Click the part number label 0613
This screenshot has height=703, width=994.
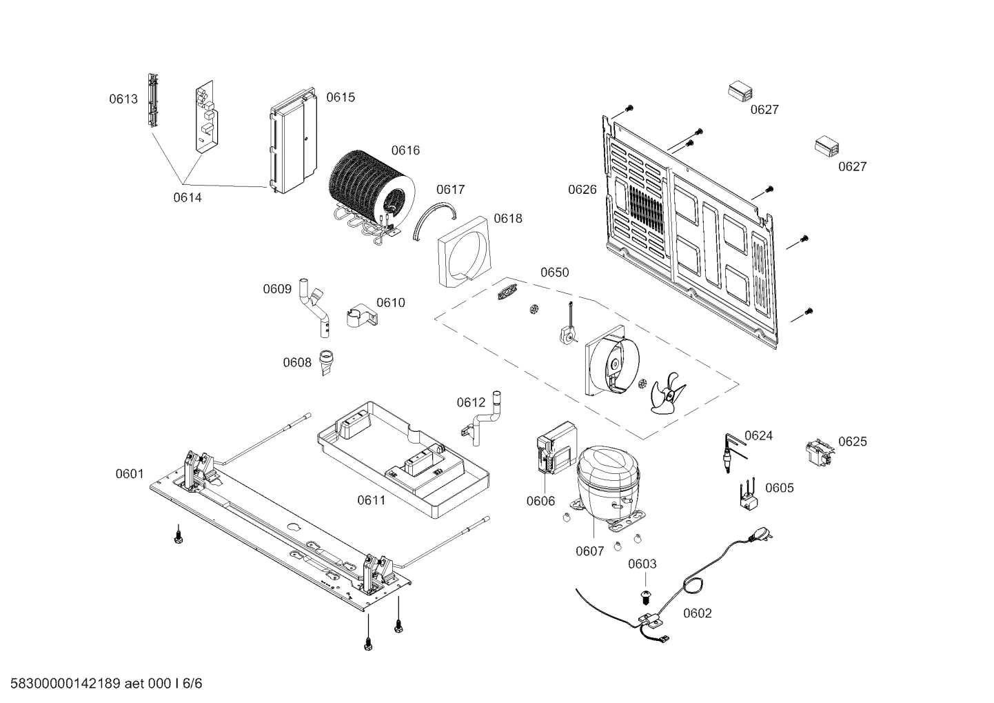(x=123, y=99)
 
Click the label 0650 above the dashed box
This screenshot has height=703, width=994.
(x=554, y=273)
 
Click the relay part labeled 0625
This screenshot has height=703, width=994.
(x=819, y=452)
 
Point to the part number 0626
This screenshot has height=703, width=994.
(x=582, y=190)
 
